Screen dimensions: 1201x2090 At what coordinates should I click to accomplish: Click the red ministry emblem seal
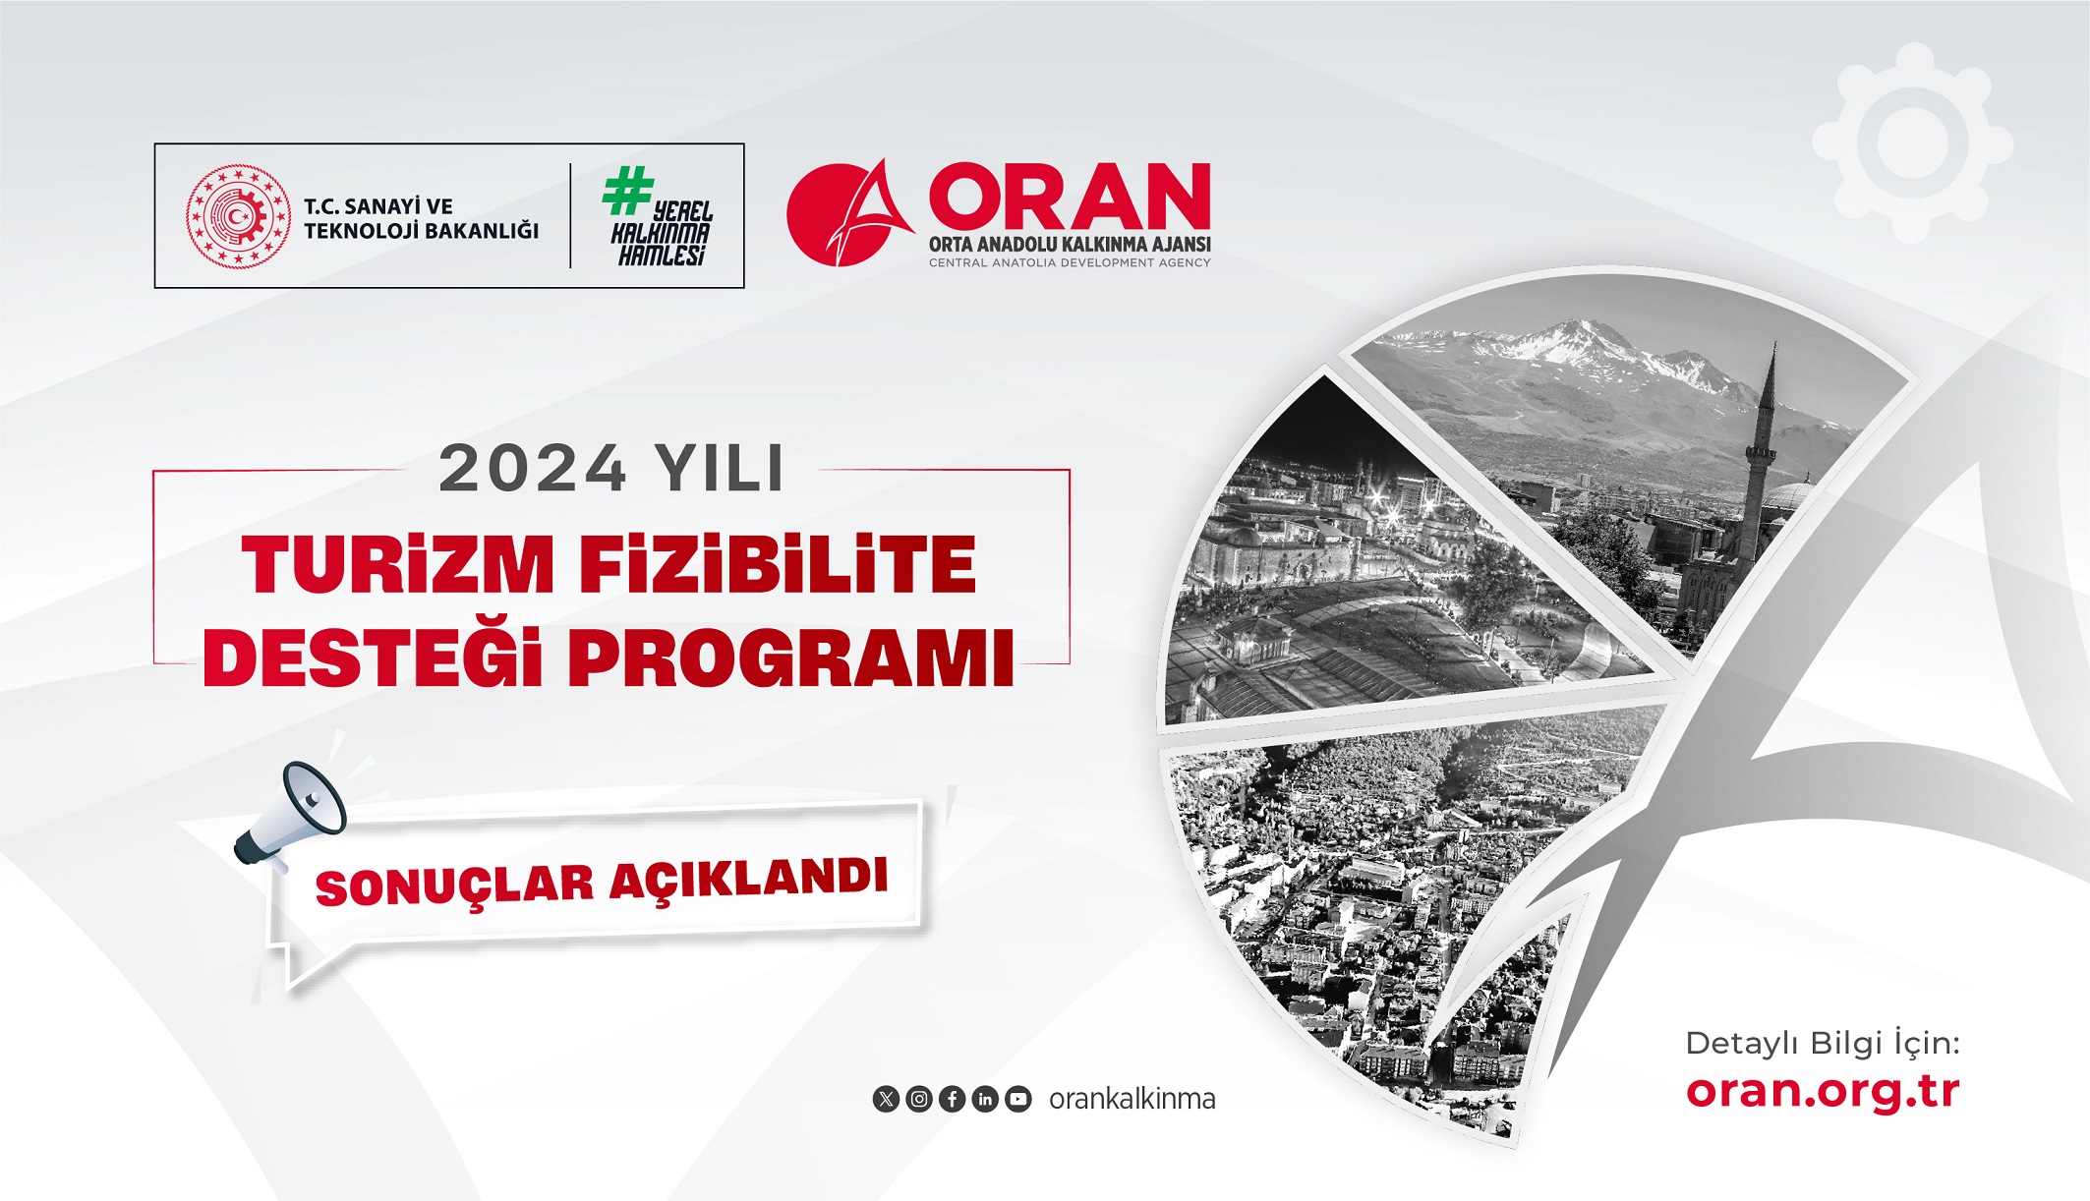[239, 216]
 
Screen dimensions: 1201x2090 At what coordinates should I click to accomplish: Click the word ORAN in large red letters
[1070, 197]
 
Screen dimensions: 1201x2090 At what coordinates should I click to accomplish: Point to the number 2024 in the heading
[532, 468]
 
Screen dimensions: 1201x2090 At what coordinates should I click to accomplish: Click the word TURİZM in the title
[398, 565]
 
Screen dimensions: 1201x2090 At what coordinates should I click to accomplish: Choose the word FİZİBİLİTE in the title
[778, 565]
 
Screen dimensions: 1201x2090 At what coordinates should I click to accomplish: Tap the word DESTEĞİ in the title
[373, 658]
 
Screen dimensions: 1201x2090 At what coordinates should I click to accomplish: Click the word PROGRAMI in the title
[791, 658]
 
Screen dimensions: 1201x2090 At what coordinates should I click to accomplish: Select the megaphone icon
[292, 814]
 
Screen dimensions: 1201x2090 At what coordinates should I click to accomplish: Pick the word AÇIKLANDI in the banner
[749, 877]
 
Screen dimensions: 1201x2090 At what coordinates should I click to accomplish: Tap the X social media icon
[886, 1099]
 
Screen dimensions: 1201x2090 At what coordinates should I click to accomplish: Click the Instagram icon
[919, 1099]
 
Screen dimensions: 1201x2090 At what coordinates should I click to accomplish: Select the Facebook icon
[952, 1099]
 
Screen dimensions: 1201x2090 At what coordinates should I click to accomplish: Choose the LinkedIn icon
[985, 1099]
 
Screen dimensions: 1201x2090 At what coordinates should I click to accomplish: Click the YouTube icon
[1018, 1099]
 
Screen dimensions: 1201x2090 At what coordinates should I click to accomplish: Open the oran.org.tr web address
[1823, 1091]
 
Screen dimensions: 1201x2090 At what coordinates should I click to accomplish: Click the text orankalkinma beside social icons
[1132, 1099]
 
